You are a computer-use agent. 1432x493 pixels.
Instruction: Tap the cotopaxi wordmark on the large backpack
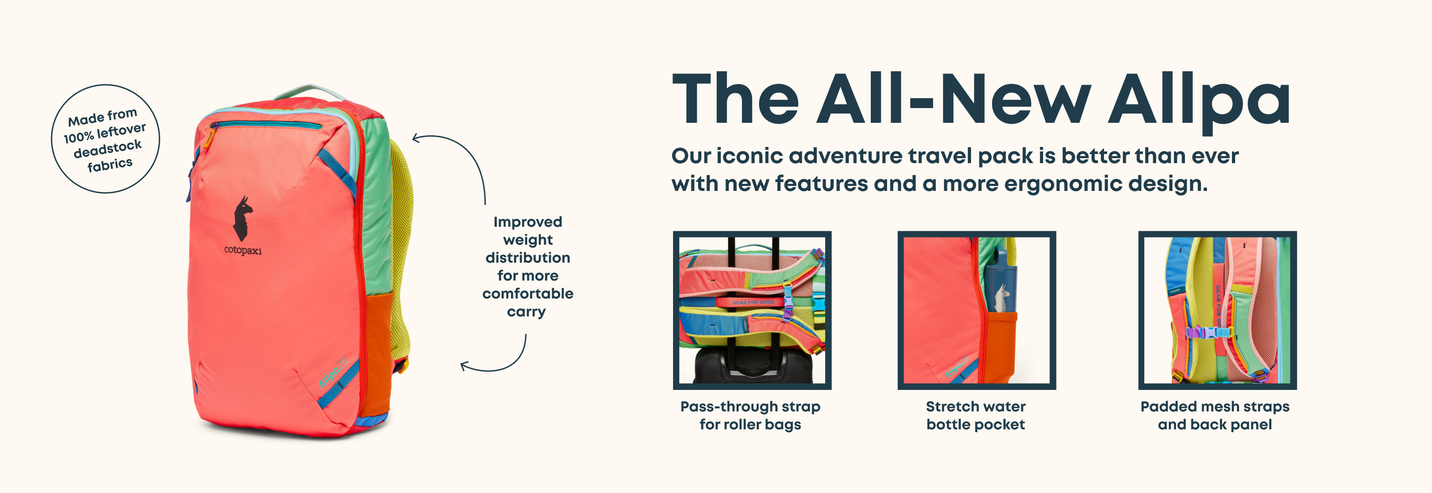[x=243, y=251]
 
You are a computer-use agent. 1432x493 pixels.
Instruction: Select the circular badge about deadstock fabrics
[x=106, y=138]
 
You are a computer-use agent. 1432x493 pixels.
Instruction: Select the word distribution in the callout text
[x=528, y=258]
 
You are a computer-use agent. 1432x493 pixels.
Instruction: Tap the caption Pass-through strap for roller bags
[x=750, y=415]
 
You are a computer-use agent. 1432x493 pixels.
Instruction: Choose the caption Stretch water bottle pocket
[x=976, y=415]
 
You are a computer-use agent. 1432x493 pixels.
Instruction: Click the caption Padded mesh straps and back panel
[x=1215, y=415]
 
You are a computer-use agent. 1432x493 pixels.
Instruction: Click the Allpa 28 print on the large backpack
[x=333, y=371]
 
